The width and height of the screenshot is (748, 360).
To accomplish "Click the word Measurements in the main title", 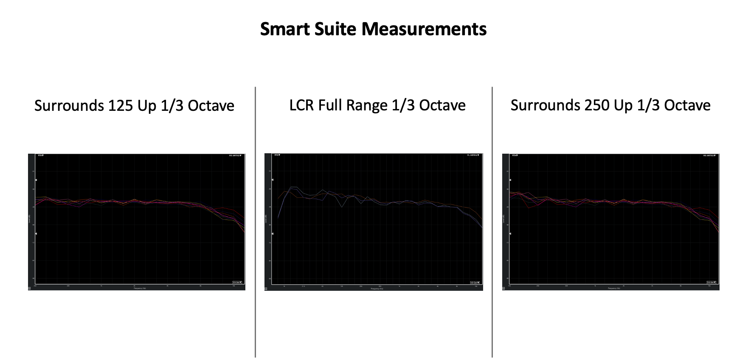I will click(424, 29).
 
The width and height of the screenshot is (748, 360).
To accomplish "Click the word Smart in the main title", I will click(285, 29).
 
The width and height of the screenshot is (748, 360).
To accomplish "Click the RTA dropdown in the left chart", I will click(41, 155).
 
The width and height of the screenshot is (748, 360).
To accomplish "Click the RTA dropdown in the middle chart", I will click(277, 155).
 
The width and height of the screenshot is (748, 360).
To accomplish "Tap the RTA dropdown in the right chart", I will click(515, 155).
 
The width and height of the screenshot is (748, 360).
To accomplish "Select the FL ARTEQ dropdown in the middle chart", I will click(473, 155).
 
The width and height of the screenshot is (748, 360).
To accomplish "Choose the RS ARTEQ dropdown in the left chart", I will click(235, 155).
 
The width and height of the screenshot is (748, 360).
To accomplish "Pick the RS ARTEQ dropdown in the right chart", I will click(710, 155).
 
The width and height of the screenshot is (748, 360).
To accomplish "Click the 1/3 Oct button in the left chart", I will click(237, 282).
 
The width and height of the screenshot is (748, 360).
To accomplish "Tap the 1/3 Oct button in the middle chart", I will click(475, 282).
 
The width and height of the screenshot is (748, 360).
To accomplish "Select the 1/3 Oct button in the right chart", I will click(711, 282).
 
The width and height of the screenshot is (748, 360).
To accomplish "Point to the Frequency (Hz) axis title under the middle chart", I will click(376, 289).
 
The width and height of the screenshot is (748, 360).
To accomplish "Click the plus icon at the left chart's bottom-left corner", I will click(29, 288).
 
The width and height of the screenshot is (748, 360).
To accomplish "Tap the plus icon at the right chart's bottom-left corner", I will click(504, 288).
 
